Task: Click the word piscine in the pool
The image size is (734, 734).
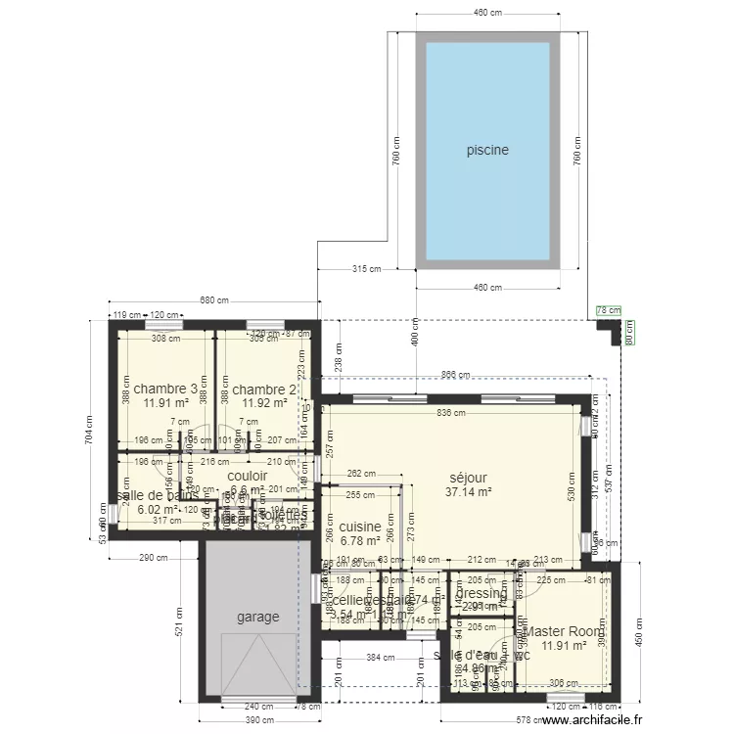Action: [x=487, y=151]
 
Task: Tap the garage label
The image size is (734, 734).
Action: [x=257, y=618]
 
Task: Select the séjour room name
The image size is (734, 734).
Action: [x=467, y=478]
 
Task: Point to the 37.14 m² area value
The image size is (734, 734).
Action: [x=467, y=492]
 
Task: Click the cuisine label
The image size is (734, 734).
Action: [x=360, y=527]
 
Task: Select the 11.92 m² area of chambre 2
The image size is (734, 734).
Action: [x=263, y=402]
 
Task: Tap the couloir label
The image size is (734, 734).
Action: [x=247, y=476]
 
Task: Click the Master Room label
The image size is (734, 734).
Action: [x=564, y=632]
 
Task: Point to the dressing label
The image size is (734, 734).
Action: [x=482, y=594]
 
